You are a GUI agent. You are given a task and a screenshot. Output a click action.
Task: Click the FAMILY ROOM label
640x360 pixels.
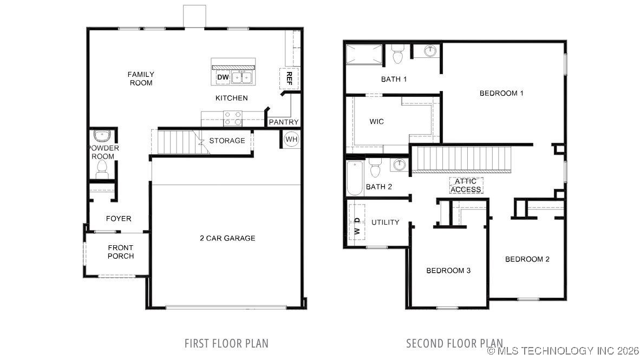coord(141,78)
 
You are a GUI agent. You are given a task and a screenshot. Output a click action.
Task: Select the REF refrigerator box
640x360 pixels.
coord(289,78)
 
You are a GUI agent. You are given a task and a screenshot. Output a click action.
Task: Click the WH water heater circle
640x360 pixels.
coord(291,139)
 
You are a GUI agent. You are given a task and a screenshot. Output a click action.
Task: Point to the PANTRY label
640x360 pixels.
coord(284,122)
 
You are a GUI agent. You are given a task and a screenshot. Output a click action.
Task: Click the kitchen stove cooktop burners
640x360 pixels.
coord(233,117)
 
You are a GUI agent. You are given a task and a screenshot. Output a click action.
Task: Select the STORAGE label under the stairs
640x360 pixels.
coord(227,141)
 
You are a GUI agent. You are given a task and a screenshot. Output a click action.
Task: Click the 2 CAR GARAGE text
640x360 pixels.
coord(227,238)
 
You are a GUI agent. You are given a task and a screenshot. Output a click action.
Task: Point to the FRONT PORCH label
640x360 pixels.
coord(120,252)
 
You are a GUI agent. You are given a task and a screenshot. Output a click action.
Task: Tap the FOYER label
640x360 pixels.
coord(119,219)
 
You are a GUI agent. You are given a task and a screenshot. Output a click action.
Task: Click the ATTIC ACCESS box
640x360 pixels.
coord(466,185)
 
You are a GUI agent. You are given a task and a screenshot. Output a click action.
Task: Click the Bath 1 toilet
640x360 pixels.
coord(398,55)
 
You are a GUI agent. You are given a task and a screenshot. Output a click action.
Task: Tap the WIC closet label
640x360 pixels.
coord(376,122)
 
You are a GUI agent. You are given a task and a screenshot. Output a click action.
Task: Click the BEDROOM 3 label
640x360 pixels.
coord(448,271)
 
